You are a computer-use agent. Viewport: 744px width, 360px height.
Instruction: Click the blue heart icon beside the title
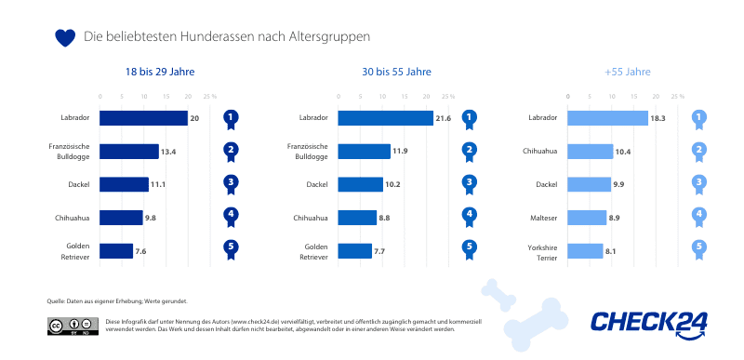(x=64, y=37)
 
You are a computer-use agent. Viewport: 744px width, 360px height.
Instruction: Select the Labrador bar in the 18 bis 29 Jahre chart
(x=143, y=118)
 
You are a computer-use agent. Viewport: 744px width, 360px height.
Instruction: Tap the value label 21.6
(x=443, y=118)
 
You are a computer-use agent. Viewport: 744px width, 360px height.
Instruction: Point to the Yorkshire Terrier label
(x=542, y=250)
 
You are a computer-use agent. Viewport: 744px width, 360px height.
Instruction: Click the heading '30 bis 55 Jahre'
(x=397, y=72)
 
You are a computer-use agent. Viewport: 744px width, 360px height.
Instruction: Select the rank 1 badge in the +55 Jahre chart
(x=699, y=118)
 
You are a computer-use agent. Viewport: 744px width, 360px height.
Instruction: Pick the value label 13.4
(x=168, y=151)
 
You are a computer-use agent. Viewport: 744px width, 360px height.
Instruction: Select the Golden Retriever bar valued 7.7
(x=354, y=250)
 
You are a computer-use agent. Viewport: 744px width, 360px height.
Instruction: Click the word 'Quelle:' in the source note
(x=56, y=301)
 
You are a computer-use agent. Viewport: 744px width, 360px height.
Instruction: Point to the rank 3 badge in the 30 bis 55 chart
(x=470, y=184)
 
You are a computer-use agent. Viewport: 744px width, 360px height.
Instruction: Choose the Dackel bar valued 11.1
(x=124, y=184)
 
